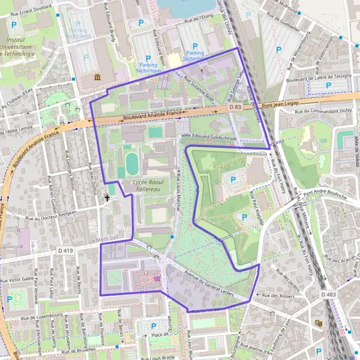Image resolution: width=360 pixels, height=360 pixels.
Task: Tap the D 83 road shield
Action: click(x=235, y=107)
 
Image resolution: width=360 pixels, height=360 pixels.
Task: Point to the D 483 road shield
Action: click(x=328, y=295)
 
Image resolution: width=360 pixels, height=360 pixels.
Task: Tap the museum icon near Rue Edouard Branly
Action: click(x=98, y=77)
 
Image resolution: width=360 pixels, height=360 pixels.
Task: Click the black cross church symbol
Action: click(x=108, y=197)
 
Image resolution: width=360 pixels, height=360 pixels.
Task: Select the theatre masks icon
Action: click(x=319, y=323)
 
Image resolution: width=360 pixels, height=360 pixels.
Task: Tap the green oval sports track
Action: click(x=131, y=163)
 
